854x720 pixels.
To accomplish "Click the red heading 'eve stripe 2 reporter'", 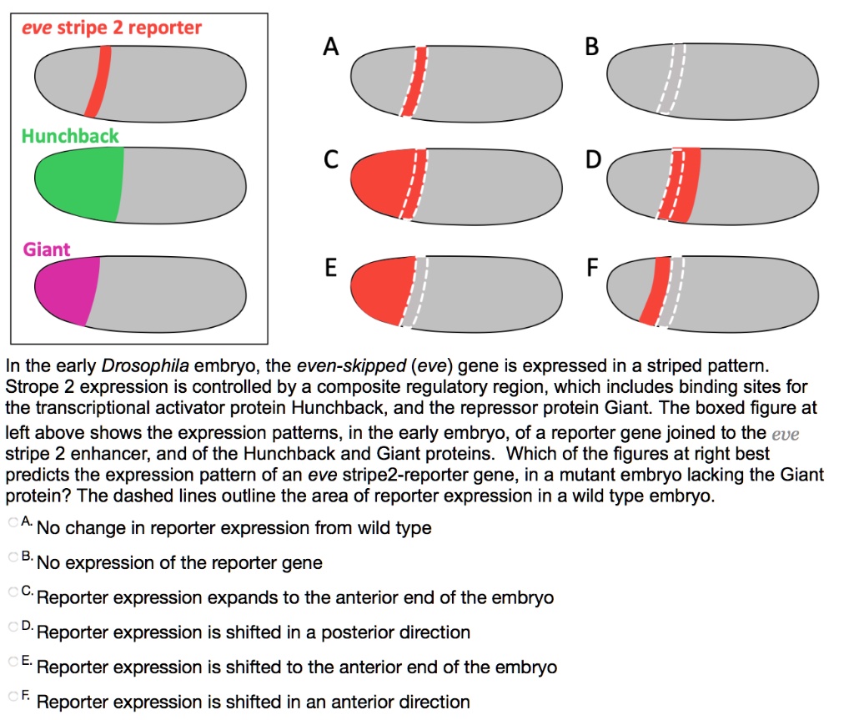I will (x=112, y=28).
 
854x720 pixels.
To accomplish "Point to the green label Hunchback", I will (x=70, y=135).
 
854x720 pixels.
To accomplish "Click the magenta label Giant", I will (x=47, y=249).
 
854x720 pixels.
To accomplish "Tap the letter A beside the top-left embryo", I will (x=331, y=48).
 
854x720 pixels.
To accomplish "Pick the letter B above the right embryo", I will (x=591, y=48).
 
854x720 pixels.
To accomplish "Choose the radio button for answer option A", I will (x=13, y=521).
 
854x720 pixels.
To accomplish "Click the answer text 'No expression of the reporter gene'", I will (x=179, y=563).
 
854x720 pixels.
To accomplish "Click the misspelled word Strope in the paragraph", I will (x=28, y=387).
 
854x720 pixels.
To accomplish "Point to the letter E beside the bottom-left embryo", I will (x=331, y=269).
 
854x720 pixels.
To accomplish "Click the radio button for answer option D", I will (x=13, y=626).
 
